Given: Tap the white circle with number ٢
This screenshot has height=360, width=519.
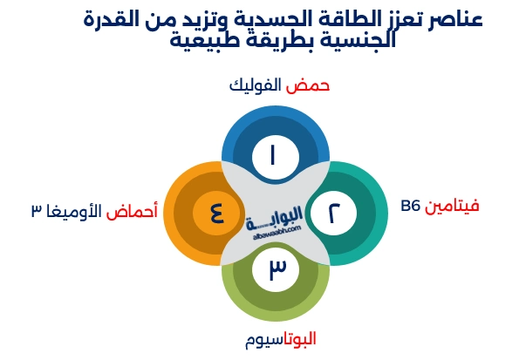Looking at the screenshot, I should click(x=334, y=214).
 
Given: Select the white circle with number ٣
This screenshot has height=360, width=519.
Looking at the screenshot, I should click(x=276, y=270).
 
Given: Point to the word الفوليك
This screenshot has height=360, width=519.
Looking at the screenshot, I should click(x=256, y=85).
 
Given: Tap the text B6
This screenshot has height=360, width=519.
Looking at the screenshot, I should click(x=411, y=207).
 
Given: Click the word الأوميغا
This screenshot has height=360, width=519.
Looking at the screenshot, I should click(x=74, y=211).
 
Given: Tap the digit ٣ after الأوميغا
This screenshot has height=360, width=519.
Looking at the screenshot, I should click(x=36, y=212).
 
